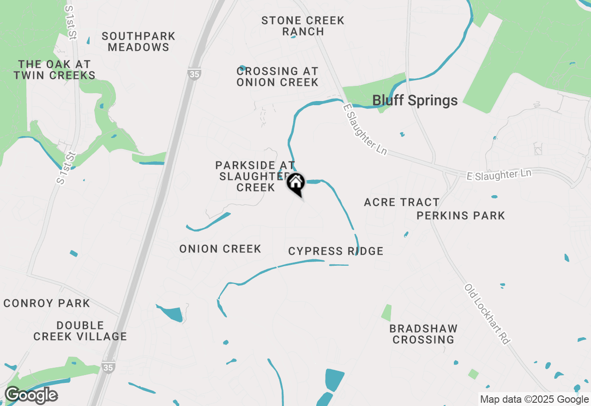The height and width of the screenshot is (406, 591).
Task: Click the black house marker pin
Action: (x=295, y=184)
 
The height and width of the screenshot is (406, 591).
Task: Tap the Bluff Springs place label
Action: (x=415, y=101)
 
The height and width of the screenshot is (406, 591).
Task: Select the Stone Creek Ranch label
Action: (x=303, y=26)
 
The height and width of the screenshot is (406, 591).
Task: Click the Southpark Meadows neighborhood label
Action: (x=139, y=42)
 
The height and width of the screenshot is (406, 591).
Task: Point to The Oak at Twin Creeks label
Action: (x=54, y=70)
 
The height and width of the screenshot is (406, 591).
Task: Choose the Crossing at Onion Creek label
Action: (x=277, y=77)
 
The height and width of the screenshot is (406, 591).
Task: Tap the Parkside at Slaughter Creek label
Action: (x=255, y=176)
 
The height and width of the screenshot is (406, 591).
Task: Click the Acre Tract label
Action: (x=401, y=203)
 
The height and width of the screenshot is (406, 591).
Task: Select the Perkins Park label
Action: (x=460, y=215)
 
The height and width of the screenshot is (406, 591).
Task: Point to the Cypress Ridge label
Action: (x=336, y=251)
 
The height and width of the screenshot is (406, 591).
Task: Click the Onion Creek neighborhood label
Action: (x=220, y=249)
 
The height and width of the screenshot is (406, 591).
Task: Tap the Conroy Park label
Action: (x=47, y=303)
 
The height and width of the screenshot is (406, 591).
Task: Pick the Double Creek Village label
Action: (x=80, y=331)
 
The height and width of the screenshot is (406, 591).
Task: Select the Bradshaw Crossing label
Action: (x=423, y=334)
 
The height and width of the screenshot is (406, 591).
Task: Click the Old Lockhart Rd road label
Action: (x=487, y=314)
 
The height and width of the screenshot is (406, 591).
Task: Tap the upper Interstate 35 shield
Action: (x=194, y=74)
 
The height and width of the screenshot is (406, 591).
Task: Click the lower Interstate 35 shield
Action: (x=109, y=366)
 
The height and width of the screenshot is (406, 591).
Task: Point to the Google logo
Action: (x=31, y=395)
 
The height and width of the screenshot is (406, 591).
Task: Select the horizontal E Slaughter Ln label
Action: (x=499, y=174)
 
